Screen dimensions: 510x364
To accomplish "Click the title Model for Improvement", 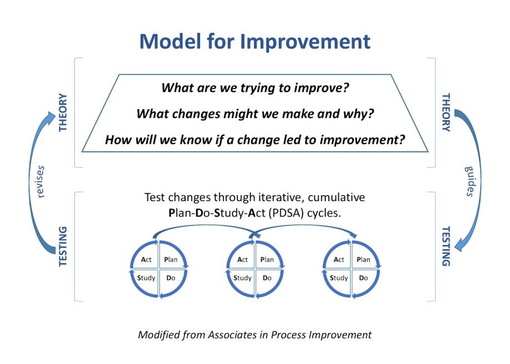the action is pyautogui.click(x=254, y=42).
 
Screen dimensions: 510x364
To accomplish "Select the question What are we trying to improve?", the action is pyautogui.click(x=255, y=88).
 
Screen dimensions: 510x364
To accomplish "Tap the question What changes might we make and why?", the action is pyautogui.click(x=255, y=114).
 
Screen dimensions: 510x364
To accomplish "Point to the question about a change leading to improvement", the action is pyautogui.click(x=255, y=140).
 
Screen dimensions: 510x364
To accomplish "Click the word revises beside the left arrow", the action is pyautogui.click(x=40, y=182).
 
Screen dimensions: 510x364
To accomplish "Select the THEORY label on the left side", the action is pyautogui.click(x=63, y=112).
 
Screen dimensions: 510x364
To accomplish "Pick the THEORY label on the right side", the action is pyautogui.click(x=446, y=112).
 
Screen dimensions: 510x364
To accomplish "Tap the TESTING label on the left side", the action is pyautogui.click(x=63, y=247).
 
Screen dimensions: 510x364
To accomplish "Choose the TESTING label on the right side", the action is pyautogui.click(x=446, y=247).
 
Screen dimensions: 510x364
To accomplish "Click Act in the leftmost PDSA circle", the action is pyautogui.click(x=146, y=260).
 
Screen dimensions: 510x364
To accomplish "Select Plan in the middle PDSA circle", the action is pyautogui.click(x=267, y=260).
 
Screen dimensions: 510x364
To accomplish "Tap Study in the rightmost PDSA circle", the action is pyautogui.click(x=339, y=278).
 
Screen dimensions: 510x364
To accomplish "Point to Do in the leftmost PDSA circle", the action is pyautogui.click(x=171, y=278).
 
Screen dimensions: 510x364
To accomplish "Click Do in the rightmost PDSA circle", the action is pyautogui.click(x=363, y=278).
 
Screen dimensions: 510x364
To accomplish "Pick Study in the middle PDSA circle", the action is pyautogui.click(x=242, y=278).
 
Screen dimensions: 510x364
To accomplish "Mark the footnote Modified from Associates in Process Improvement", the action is pyautogui.click(x=254, y=335).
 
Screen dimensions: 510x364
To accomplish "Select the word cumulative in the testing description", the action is pyautogui.click(x=336, y=197).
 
